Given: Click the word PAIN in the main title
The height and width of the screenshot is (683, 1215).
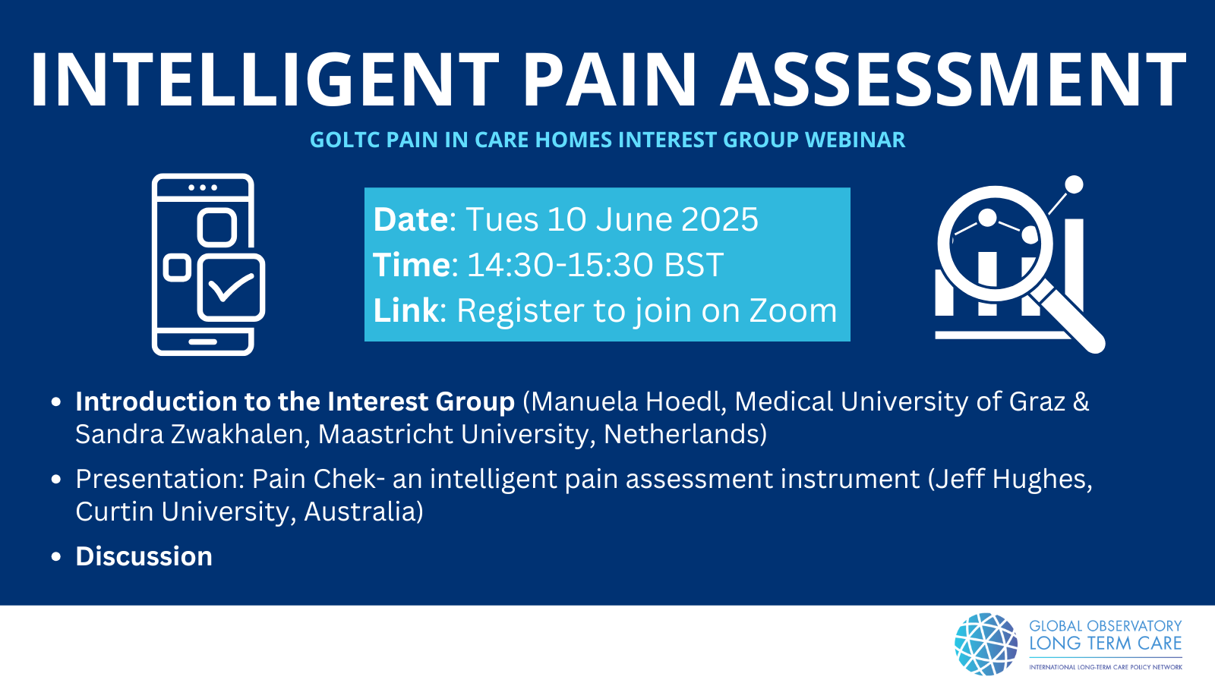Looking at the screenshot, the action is click(608, 80).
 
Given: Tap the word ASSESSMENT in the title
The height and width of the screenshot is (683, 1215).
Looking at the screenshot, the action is click(953, 80).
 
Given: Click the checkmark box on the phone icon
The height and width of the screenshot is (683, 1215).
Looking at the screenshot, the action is click(231, 288).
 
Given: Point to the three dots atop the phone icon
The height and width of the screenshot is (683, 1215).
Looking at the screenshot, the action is click(203, 187).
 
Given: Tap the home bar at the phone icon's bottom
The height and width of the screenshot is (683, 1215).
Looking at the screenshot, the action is click(203, 342).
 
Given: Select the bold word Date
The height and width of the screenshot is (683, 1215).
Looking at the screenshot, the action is click(411, 219).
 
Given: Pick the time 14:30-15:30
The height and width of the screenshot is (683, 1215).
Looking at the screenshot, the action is click(561, 265).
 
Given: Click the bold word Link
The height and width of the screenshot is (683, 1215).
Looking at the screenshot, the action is click(406, 310).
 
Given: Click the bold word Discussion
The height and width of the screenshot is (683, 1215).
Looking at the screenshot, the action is click(144, 557).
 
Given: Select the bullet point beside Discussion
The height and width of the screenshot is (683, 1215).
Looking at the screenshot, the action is click(56, 557).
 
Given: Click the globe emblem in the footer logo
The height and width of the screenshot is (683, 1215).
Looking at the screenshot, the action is click(986, 644).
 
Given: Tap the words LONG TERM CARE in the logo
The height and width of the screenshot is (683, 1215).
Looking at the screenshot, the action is click(1106, 644).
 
